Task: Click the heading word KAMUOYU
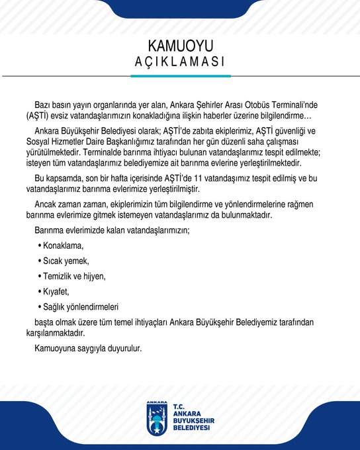click(x=180, y=46)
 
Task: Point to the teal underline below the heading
click(x=180, y=76)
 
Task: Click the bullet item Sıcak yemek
click(x=66, y=261)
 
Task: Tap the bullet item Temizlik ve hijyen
click(x=74, y=276)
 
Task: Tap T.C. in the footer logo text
click(x=178, y=407)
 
